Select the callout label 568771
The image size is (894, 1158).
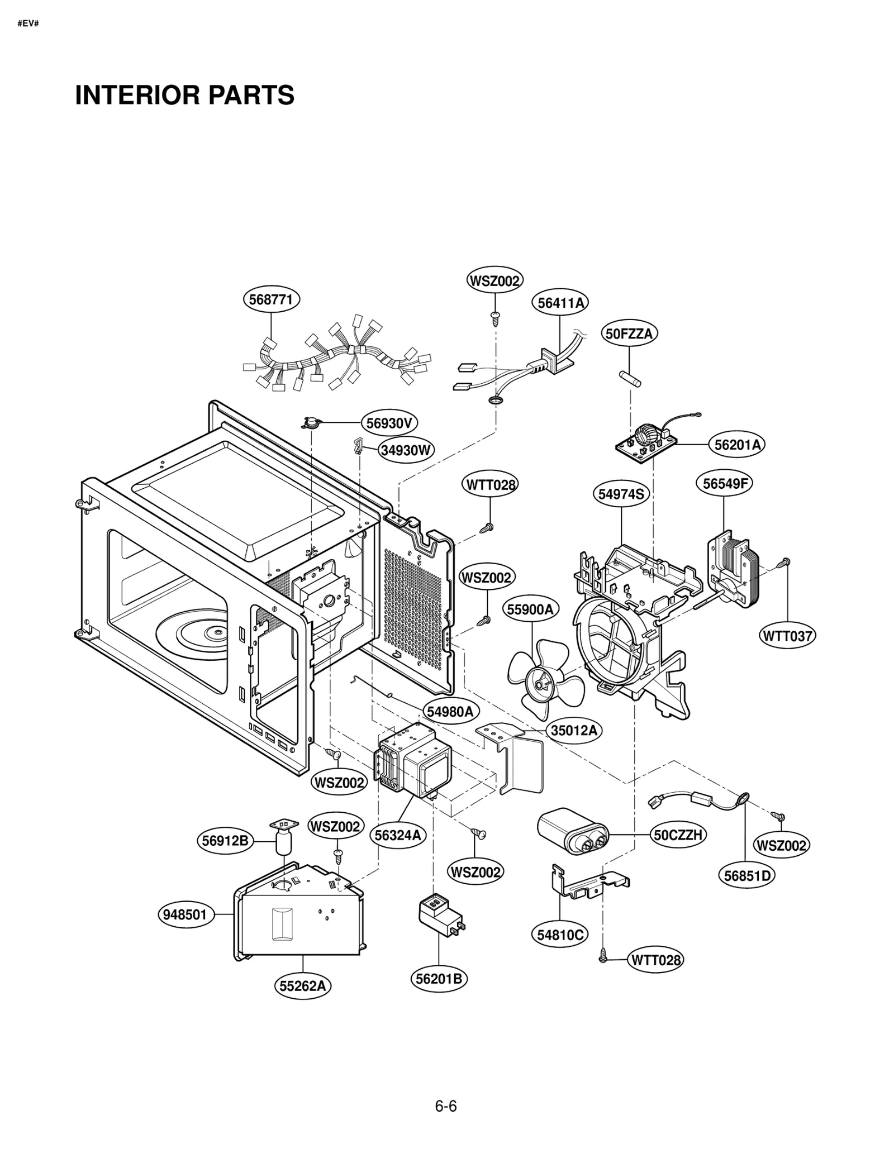pos(271,299)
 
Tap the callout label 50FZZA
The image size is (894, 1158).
pos(629,334)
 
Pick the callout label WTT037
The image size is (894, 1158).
pos(787,636)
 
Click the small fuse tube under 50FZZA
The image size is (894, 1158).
pos(630,378)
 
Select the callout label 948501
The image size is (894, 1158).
pos(185,915)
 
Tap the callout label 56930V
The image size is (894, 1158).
pos(389,423)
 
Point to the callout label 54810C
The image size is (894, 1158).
pos(559,935)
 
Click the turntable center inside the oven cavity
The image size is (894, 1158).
pos(215,632)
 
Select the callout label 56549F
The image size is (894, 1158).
pos(724,484)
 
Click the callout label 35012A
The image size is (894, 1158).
pos(574,731)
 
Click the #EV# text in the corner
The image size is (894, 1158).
pos(28,24)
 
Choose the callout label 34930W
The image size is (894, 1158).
pos(406,450)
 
